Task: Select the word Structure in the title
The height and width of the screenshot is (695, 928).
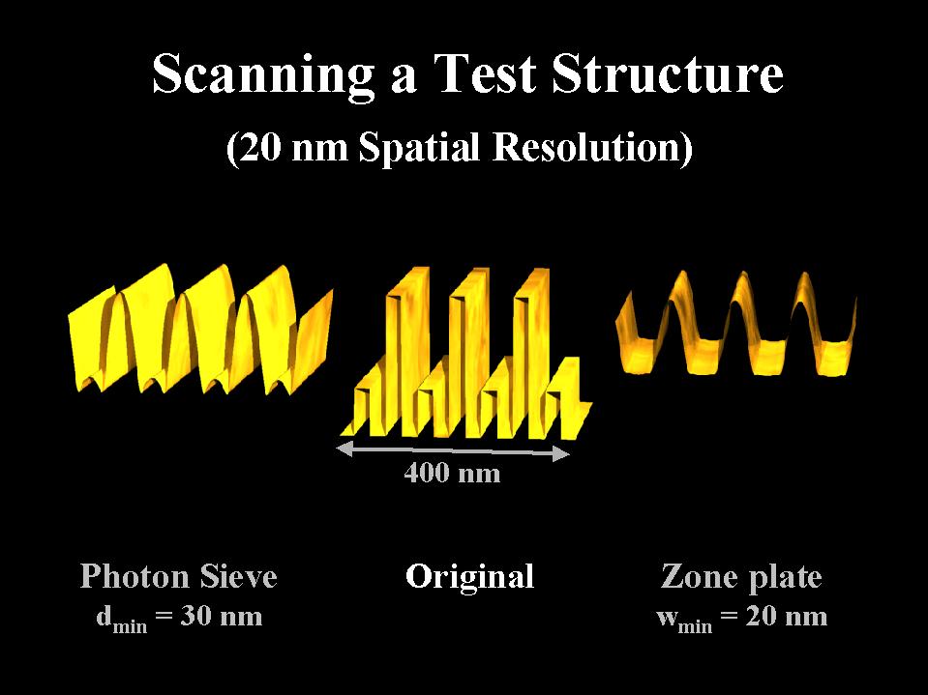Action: click(668, 73)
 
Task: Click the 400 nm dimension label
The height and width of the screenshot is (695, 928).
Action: click(452, 473)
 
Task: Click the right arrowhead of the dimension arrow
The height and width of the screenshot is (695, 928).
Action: click(561, 454)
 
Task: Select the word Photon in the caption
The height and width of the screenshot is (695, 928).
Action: click(135, 576)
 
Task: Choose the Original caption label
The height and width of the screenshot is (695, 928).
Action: click(470, 577)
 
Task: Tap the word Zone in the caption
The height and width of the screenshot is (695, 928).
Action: click(699, 576)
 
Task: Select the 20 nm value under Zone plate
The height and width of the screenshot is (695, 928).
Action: click(786, 617)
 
